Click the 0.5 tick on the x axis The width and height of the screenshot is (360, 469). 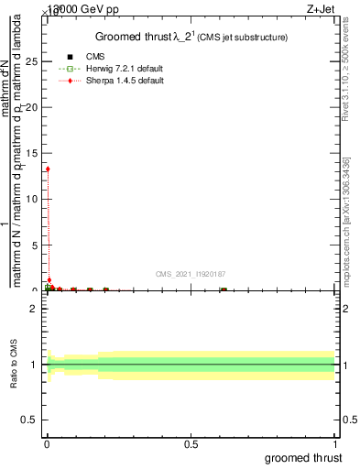click(191, 444)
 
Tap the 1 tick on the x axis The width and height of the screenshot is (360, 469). click(335, 444)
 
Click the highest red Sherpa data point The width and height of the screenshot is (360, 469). click(48, 169)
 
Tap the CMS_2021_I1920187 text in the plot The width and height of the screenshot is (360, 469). click(191, 274)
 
